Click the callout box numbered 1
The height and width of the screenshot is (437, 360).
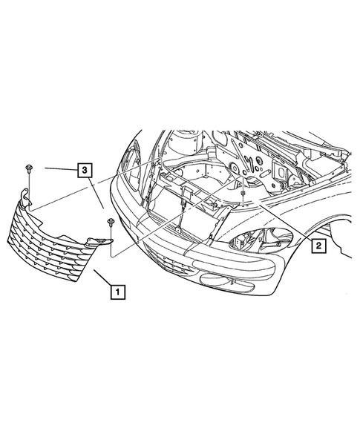117,292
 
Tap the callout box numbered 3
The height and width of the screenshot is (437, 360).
86,170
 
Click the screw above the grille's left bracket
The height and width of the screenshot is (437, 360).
27,167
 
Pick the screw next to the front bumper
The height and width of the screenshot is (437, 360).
110,223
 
